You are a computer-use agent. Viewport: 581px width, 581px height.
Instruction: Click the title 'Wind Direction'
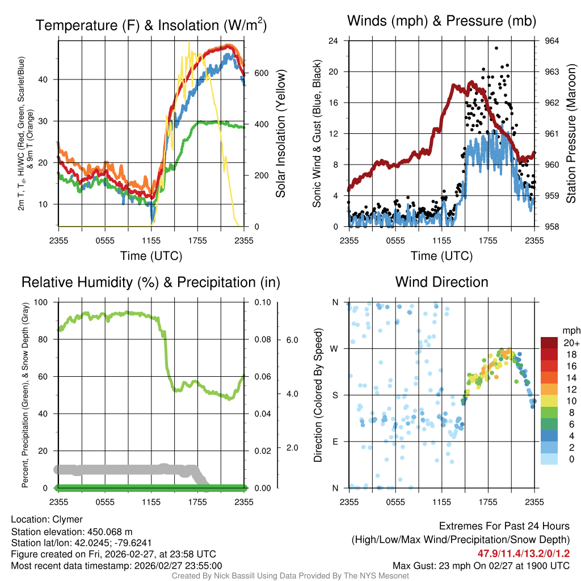click(x=441, y=282)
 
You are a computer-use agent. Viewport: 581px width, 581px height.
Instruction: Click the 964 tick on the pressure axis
click(x=551, y=41)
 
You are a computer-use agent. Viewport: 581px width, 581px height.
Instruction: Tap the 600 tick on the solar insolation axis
click(x=262, y=73)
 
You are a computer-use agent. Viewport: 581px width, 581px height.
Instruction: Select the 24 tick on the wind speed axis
click(x=334, y=41)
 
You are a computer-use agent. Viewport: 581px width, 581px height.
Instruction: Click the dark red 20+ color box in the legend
click(x=550, y=343)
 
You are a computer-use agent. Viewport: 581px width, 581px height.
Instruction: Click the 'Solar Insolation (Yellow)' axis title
click(x=280, y=133)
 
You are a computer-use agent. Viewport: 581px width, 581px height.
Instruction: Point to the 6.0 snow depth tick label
click(x=292, y=340)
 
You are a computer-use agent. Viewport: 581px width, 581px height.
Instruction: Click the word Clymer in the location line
click(x=68, y=520)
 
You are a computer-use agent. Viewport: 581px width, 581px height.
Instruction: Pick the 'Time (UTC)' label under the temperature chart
click(x=151, y=256)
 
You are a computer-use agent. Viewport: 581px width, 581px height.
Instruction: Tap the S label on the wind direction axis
click(x=334, y=395)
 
